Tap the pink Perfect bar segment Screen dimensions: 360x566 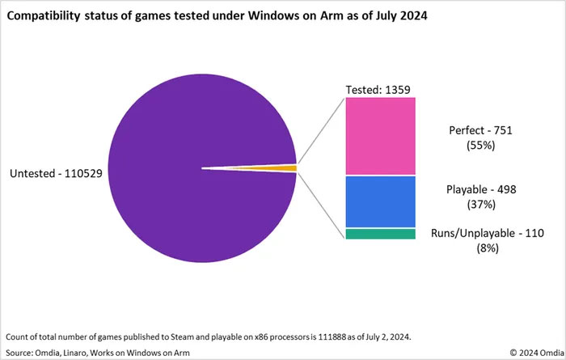click(380, 136)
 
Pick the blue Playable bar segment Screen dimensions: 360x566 click(380, 201)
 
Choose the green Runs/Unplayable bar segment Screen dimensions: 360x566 click(380, 234)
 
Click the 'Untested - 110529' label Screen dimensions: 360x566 click(54, 173)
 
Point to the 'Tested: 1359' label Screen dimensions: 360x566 click(380, 88)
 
